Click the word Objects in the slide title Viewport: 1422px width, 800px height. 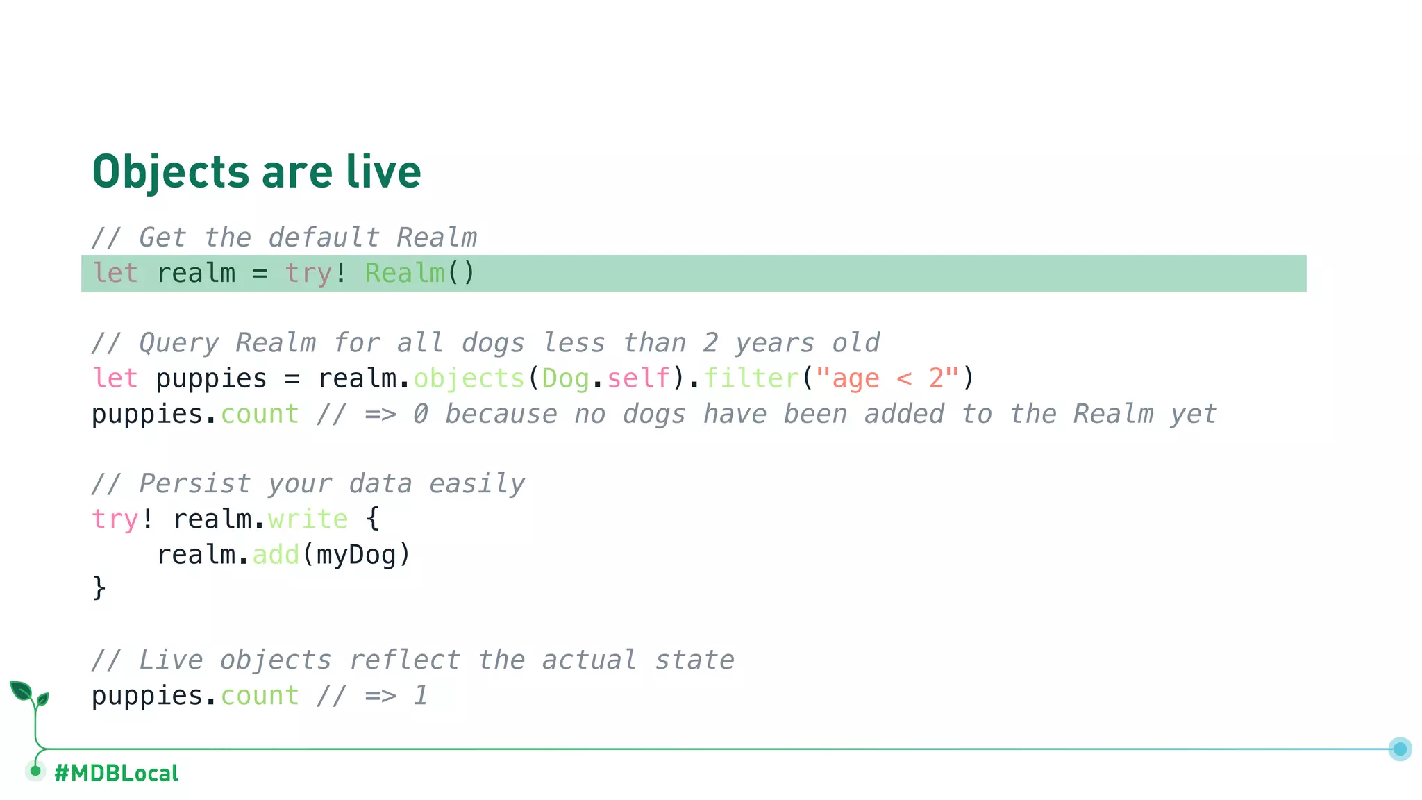coord(170,172)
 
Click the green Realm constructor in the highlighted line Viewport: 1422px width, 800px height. coord(405,273)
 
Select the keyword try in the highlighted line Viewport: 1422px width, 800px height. coord(308,273)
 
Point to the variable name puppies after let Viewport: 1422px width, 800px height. coord(211,379)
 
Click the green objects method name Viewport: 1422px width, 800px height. coord(469,378)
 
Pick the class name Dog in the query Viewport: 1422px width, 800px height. coord(565,378)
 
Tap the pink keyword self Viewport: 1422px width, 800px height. coord(638,378)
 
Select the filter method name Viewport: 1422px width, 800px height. coord(752,378)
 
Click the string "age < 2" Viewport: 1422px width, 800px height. coord(888,378)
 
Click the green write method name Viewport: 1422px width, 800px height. coord(308,519)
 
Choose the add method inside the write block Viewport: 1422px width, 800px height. coord(275,555)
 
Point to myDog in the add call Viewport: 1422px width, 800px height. coord(356,555)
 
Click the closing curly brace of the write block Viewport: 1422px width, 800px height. coord(99,588)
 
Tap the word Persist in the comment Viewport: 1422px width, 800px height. coord(195,484)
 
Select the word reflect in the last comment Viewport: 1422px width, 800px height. coord(405,660)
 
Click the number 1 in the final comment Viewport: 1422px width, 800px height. coord(420,696)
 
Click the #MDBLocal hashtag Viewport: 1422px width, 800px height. coord(117,773)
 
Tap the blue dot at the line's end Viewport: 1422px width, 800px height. coord(1400,749)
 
